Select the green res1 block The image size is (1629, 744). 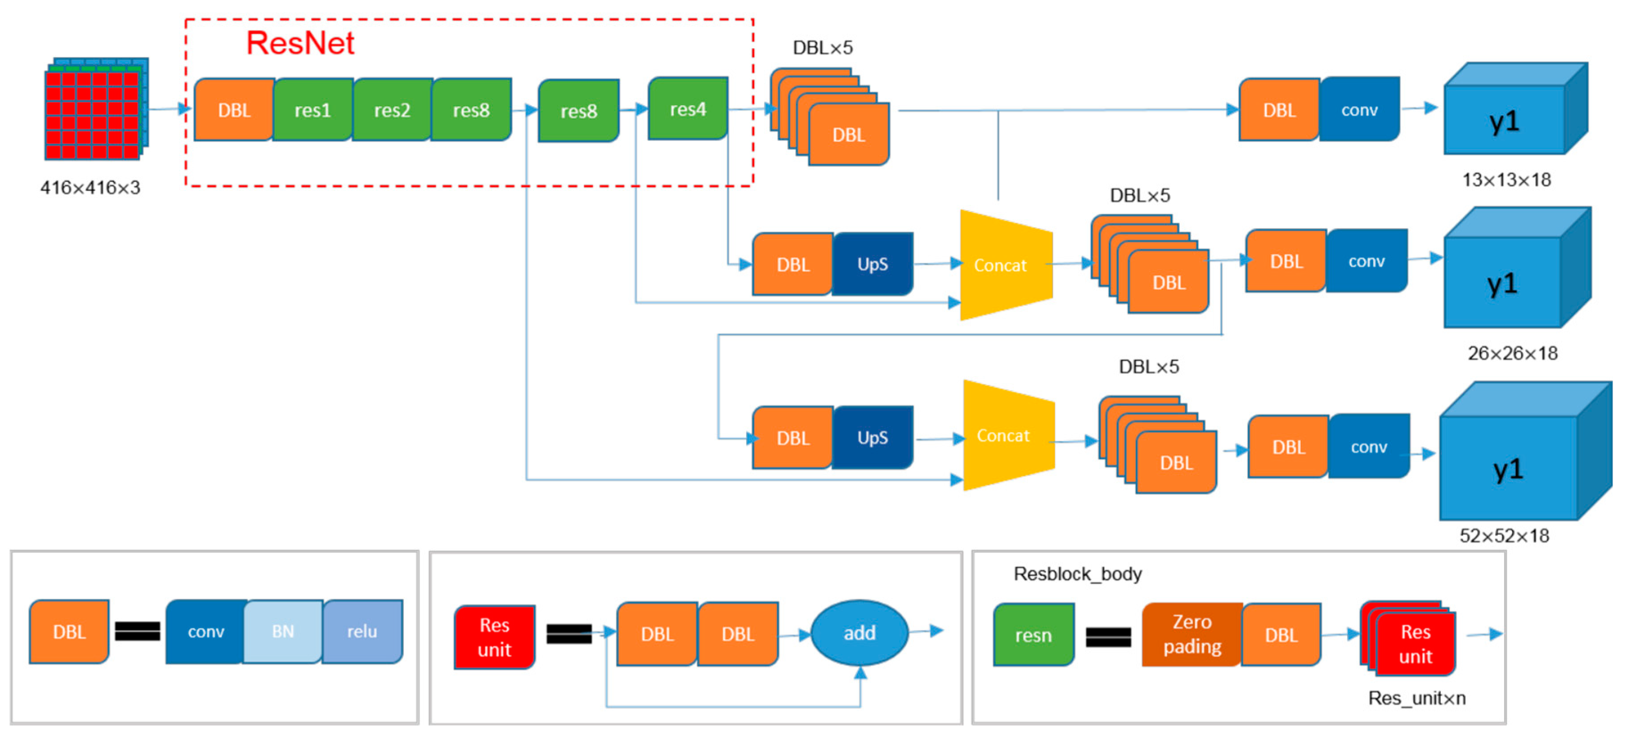click(313, 110)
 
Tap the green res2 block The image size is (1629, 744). click(392, 110)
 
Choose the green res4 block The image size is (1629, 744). click(688, 109)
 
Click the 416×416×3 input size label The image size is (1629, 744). click(90, 188)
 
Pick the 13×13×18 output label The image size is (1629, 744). click(1506, 180)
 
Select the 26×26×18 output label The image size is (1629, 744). click(1513, 353)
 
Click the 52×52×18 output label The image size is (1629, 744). click(1504, 536)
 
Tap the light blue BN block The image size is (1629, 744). click(283, 631)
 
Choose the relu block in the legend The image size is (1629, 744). click(362, 631)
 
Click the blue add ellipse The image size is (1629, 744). click(860, 633)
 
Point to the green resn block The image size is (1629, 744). click(1033, 635)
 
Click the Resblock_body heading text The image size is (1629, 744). click(1078, 574)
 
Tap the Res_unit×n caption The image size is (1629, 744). click(1416, 698)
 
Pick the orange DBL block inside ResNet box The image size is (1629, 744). click(234, 110)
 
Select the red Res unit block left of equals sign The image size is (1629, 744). click(494, 637)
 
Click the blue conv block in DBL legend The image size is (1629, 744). click(206, 631)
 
